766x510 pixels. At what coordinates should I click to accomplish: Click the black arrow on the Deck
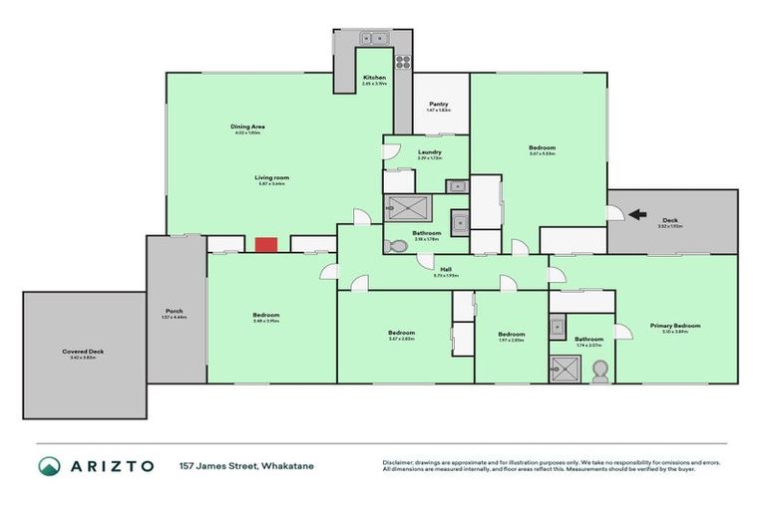(637, 213)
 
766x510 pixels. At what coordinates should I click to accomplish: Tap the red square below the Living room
(265, 244)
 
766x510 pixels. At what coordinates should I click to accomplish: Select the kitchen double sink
(375, 39)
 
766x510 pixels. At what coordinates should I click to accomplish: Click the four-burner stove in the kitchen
(403, 62)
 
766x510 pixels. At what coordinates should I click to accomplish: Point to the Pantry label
(439, 106)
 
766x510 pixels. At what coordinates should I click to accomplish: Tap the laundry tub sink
(455, 185)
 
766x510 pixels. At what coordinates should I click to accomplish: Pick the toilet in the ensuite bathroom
(599, 370)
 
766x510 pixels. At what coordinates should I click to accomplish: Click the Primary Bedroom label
(675, 327)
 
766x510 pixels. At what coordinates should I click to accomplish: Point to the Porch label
(174, 313)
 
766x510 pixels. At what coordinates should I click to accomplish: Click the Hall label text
(442, 269)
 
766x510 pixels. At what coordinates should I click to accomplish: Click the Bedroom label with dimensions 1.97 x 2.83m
(511, 336)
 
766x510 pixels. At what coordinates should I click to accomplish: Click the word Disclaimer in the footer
(399, 462)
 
